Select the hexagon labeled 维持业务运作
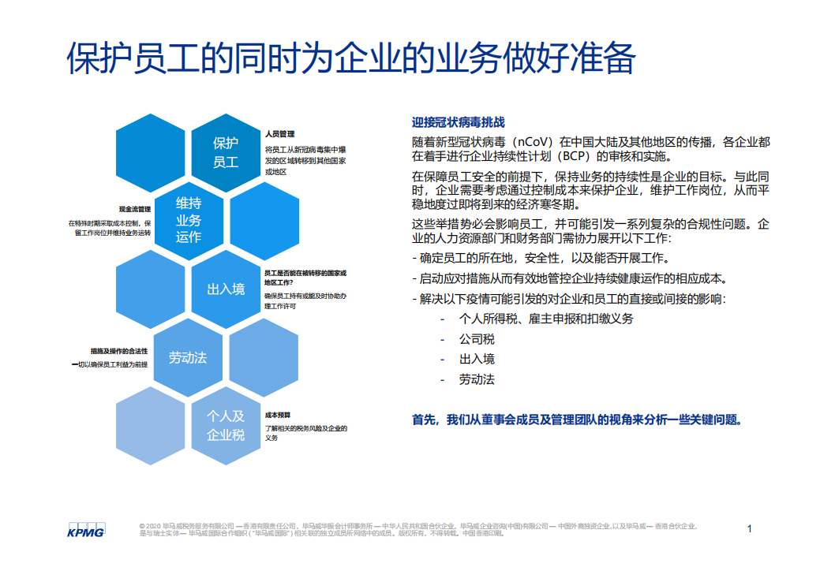pyautogui.click(x=188, y=220)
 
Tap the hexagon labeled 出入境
pyautogui.click(x=226, y=289)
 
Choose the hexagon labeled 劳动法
pyautogui.click(x=188, y=357)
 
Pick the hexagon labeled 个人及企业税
pyautogui.click(x=226, y=425)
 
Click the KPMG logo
pyautogui.click(x=86, y=529)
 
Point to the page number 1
pyautogui.click(x=750, y=528)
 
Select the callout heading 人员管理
pyautogui.click(x=279, y=134)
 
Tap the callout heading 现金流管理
pyautogui.click(x=134, y=209)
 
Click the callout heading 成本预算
pyautogui.click(x=278, y=415)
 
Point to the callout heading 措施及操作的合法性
pyautogui.click(x=118, y=351)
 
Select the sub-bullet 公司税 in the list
pyautogui.click(x=477, y=339)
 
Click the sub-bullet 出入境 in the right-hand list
pyautogui.click(x=477, y=359)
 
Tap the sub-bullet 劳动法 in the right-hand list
pyautogui.click(x=477, y=379)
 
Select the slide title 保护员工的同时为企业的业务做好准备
pyautogui.click(x=351, y=60)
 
